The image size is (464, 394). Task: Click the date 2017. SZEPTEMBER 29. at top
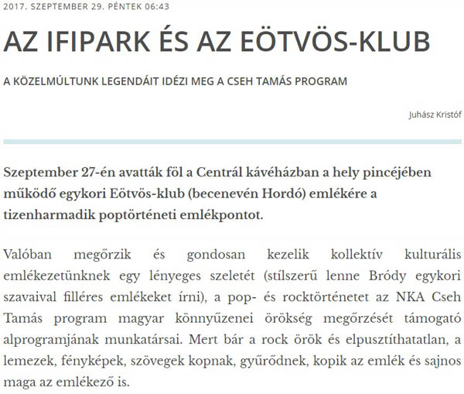click(62, 7)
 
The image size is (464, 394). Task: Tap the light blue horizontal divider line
click(232, 142)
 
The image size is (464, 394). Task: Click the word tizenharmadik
click(47, 214)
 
